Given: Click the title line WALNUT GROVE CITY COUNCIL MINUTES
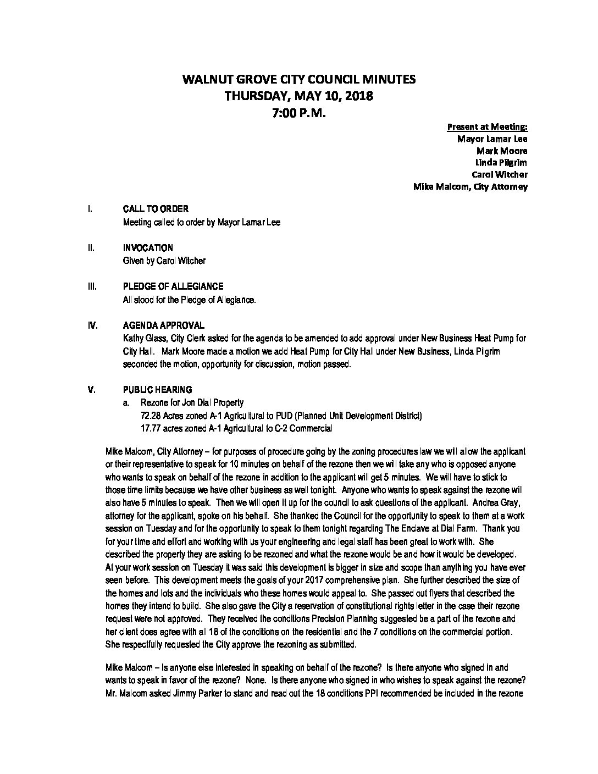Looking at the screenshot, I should [299, 79].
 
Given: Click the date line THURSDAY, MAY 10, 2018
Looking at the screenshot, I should [299, 96].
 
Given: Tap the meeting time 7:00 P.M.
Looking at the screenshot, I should [299, 113].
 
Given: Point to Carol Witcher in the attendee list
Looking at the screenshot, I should [500, 175].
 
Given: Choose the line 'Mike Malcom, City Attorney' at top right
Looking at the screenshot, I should [470, 187].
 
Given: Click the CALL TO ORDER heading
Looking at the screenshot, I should [156, 209].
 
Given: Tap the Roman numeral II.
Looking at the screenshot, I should [90, 248].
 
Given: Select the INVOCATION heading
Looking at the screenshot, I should [148, 248].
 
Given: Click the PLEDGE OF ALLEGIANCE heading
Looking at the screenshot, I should [173, 286].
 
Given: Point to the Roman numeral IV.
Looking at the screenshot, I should [92, 325].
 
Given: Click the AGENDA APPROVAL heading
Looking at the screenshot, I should [163, 325].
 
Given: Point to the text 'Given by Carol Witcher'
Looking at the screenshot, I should [164, 261].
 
